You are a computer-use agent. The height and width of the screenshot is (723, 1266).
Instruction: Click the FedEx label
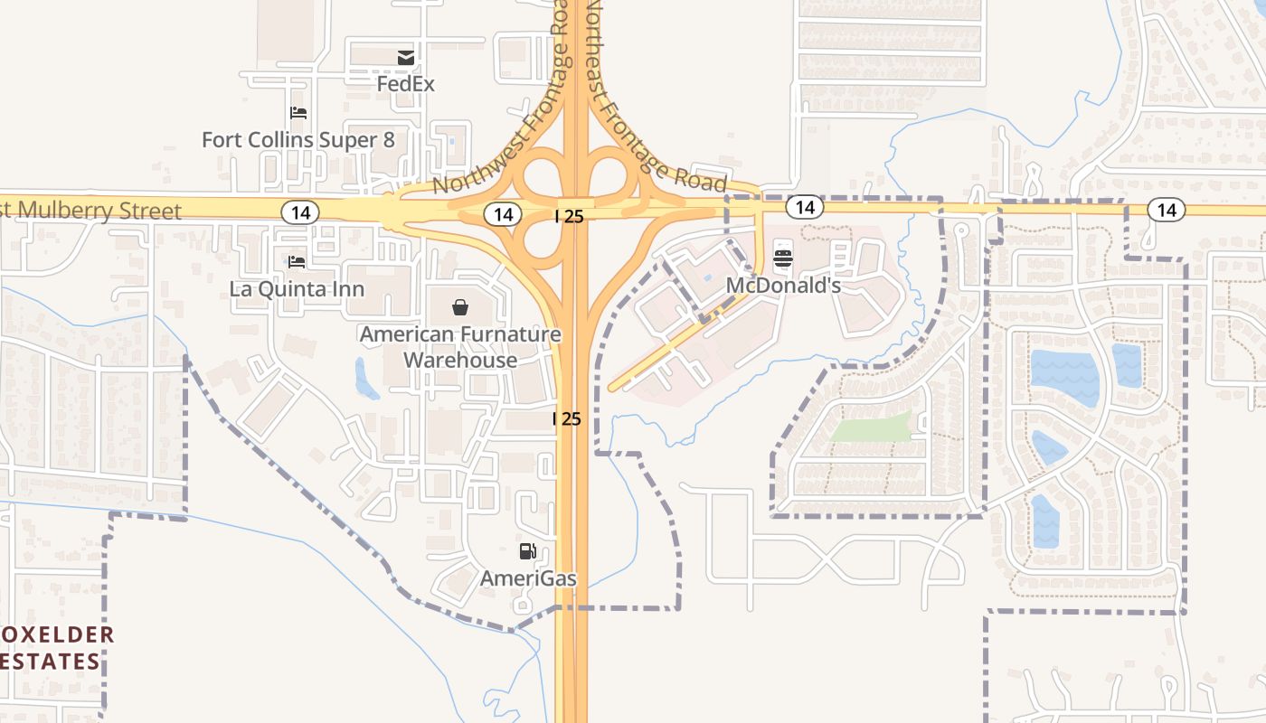coord(406,84)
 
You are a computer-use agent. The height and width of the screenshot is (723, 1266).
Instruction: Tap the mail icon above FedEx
coord(406,58)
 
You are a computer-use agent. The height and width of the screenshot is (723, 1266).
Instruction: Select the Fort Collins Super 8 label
coord(298,140)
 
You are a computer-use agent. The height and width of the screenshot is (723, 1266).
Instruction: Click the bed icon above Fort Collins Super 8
coord(298,113)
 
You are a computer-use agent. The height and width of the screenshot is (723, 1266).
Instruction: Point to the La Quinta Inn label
coord(297,289)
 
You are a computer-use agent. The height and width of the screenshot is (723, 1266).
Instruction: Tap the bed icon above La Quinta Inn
coord(297,262)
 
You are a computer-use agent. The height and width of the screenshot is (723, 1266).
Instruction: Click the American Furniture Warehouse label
coord(460,347)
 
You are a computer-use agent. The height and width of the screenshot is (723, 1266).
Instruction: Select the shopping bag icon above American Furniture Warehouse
coord(460,308)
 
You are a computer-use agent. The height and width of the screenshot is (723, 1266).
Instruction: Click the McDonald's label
coord(783,286)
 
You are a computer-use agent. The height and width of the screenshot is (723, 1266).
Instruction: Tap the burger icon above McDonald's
coord(783,258)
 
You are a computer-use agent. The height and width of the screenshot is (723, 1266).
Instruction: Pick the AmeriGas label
coord(528,578)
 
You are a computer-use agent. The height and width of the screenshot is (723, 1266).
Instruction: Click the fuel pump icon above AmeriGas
coord(527,551)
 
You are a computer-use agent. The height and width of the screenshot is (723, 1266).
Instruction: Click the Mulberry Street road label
coord(90,211)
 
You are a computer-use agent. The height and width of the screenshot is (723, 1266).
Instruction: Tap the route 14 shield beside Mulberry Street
coord(299,212)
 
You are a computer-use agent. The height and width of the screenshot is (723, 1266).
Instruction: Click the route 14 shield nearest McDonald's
coord(804,208)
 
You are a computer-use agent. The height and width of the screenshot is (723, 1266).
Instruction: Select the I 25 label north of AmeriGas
coord(567,419)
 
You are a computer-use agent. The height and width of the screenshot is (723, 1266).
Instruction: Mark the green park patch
coord(873,427)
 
